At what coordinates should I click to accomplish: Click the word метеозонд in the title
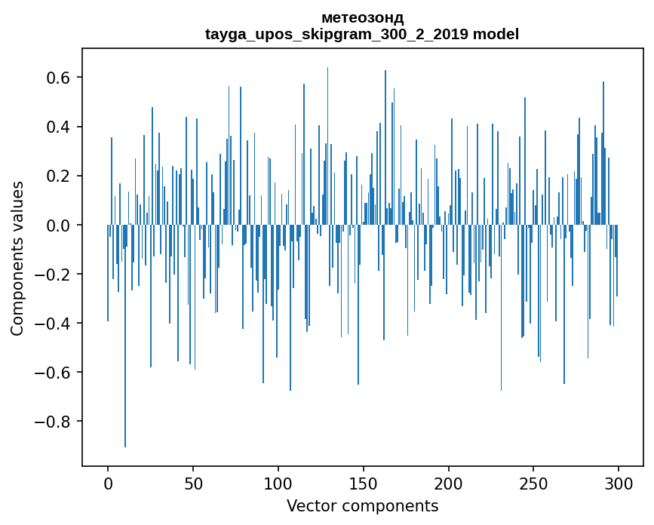(x=362, y=17)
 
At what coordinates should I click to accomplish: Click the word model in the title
(x=496, y=34)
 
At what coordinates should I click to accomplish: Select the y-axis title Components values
(x=17, y=258)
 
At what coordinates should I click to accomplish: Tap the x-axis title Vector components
(x=362, y=505)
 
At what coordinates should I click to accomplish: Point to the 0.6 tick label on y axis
(x=60, y=78)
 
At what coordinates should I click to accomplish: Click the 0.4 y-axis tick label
(x=60, y=127)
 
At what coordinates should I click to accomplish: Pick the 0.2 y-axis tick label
(x=60, y=176)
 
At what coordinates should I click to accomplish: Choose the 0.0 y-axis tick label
(x=60, y=225)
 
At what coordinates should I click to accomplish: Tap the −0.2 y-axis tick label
(x=54, y=274)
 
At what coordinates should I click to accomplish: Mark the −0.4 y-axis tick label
(x=54, y=323)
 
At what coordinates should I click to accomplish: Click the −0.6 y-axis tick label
(x=54, y=372)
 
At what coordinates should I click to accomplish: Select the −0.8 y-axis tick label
(x=54, y=421)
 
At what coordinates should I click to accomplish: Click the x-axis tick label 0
(x=108, y=484)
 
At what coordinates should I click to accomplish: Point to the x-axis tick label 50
(x=193, y=484)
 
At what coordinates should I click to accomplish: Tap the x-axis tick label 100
(x=278, y=484)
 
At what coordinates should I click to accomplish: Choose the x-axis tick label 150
(x=363, y=484)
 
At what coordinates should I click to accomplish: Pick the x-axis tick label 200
(x=448, y=484)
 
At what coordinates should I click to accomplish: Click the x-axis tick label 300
(x=618, y=484)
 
